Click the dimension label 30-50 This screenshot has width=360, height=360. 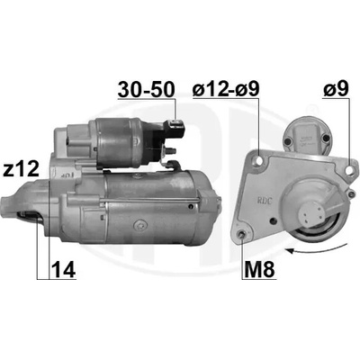coord(146,89)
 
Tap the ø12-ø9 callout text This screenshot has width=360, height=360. coord(226,89)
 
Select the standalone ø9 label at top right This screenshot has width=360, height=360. coord(337,89)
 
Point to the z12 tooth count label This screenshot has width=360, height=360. coord(21,169)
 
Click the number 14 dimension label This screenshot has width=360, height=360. coord(63,269)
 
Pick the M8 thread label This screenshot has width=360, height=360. coord(259,269)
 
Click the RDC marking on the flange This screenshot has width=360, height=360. coord(264,201)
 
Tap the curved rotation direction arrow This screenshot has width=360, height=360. coord(315,248)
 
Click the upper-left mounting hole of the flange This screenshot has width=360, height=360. coord(258,161)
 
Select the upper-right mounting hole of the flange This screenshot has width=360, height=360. coord(350,170)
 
